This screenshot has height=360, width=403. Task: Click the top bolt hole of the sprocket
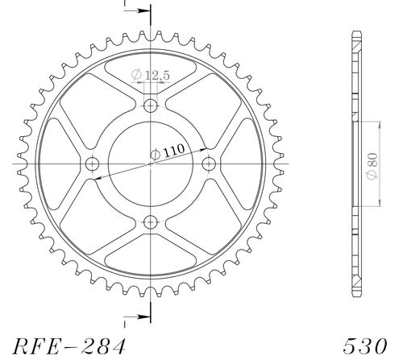tap(151, 106)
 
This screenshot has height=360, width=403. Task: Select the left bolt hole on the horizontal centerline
tap(92, 164)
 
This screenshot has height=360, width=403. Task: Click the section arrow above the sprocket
tap(141, 12)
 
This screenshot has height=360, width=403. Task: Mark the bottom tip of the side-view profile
tap(355, 295)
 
